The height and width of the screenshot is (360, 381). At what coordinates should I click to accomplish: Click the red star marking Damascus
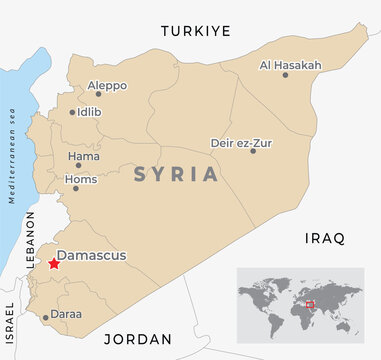53,264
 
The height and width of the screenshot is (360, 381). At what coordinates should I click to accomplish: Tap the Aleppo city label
107,86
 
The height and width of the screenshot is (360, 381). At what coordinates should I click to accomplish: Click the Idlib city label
89,112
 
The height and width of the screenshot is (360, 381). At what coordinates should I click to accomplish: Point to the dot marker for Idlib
72,112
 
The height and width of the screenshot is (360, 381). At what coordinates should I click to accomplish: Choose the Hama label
83,156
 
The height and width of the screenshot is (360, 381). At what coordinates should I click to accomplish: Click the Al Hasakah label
290,65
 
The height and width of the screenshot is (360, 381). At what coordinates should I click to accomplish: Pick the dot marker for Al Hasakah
286,74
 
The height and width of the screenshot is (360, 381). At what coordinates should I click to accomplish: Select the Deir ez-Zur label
240,142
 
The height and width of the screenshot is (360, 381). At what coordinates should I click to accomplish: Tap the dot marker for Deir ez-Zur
253,150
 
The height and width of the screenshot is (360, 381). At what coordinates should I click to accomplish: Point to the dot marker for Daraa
45,319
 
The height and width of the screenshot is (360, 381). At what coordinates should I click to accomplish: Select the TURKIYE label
196,31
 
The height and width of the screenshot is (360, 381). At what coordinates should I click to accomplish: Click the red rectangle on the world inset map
309,304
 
